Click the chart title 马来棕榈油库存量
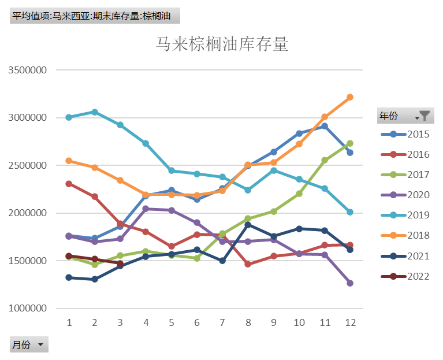tap(222, 44)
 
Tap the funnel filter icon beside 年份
tap(425, 116)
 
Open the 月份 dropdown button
tap(40, 345)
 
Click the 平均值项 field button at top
tap(95, 16)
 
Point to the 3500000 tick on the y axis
tap(28, 70)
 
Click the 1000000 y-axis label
tap(28, 309)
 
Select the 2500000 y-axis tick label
tap(28, 165)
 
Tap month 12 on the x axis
tap(349, 322)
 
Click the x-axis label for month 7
tap(222, 322)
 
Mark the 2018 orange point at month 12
tap(350, 97)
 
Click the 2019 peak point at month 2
tap(95, 112)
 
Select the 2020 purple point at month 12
tap(350, 283)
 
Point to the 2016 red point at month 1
tap(69, 184)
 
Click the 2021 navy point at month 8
tap(248, 224)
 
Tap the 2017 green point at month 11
tap(325, 160)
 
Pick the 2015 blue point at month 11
tap(325, 126)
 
